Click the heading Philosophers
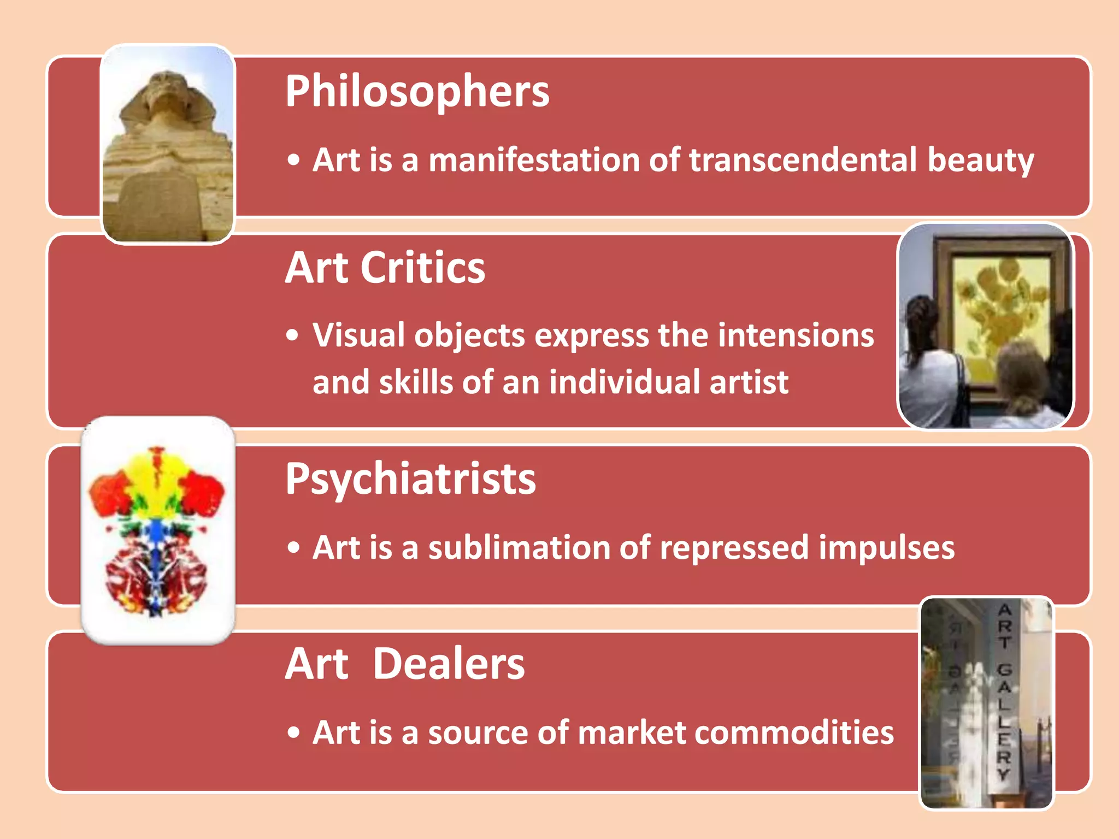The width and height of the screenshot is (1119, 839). (x=417, y=92)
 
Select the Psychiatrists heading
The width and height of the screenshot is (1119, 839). (x=410, y=479)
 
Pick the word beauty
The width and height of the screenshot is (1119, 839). (x=980, y=161)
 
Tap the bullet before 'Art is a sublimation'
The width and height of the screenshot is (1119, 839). (x=294, y=548)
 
